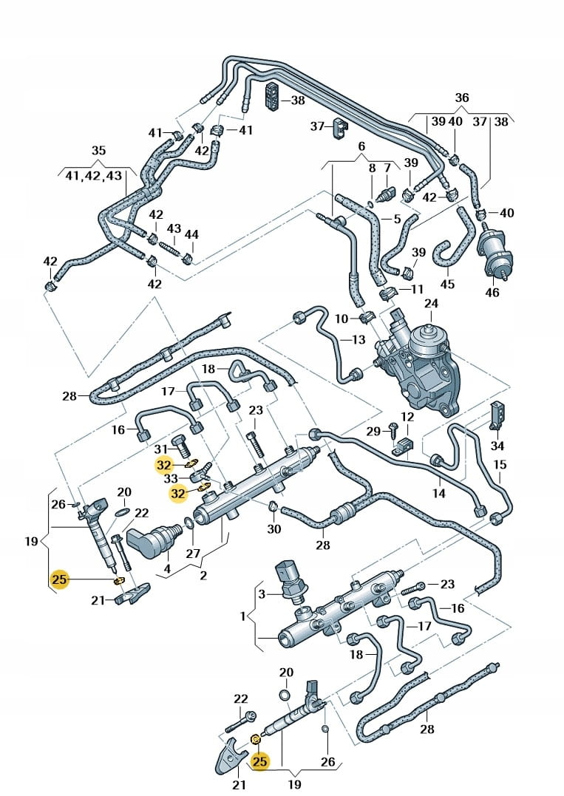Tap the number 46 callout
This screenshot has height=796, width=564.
pos(492,293)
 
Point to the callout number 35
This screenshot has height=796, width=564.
pos(98,151)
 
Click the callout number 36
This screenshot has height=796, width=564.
pos(461,98)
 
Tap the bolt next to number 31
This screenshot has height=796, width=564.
pos(180,445)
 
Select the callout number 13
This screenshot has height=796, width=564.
pos(359,339)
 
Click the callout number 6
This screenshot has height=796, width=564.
pos(361,146)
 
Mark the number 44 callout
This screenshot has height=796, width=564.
pos(191,234)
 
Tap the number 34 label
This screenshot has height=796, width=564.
pos(497,446)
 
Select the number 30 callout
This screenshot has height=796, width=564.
pos(274,529)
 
